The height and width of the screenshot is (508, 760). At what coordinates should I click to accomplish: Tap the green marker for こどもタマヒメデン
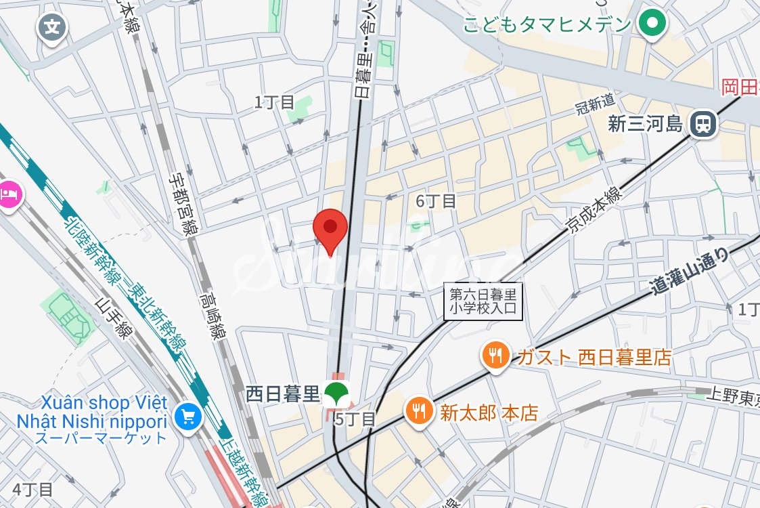coord(652,25)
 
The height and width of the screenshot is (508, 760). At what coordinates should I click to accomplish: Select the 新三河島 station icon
coord(704,124)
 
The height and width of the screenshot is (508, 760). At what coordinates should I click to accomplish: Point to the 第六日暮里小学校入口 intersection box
coord(483,301)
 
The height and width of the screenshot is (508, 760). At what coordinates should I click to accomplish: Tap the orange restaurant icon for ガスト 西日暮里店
coord(496,355)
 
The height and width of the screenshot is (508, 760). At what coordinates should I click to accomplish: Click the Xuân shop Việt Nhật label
coord(102,411)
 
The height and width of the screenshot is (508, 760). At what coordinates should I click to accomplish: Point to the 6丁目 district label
coord(436,201)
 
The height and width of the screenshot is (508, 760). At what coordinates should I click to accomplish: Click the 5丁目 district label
coord(355,419)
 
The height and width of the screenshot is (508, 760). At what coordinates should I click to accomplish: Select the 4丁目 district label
coord(32,489)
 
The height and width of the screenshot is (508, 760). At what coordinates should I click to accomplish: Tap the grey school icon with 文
coord(53,28)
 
